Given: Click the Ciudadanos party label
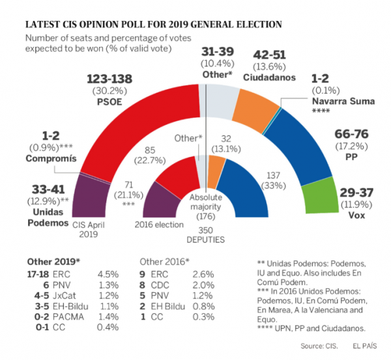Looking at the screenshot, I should [270, 77].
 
